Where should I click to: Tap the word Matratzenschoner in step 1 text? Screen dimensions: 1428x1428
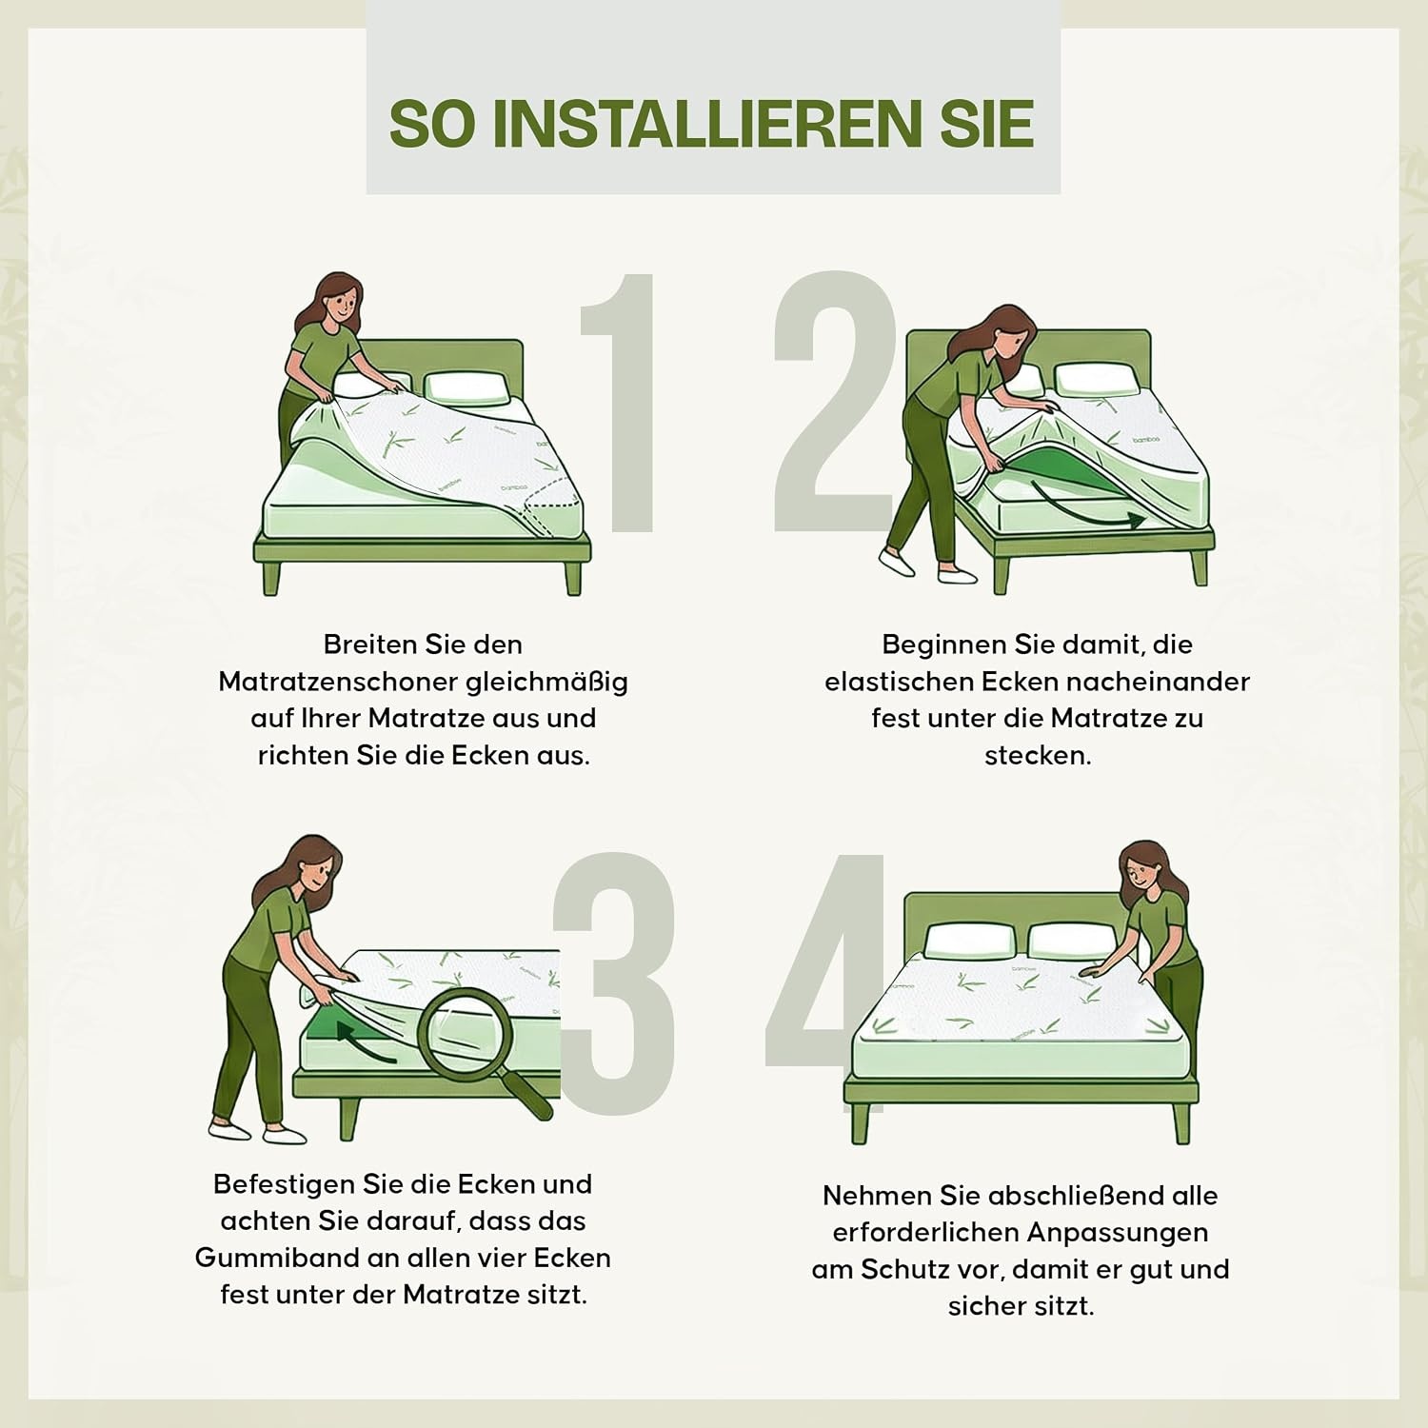pos(338,682)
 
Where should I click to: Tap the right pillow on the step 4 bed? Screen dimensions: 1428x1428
pos(1071,941)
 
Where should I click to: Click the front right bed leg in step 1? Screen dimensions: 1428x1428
pos(573,577)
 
